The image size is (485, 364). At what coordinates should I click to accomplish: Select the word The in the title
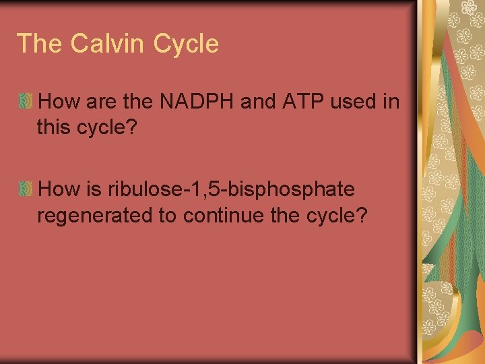[40, 44]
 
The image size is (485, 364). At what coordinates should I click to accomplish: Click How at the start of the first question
[59, 102]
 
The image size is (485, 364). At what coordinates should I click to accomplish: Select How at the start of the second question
[59, 191]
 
